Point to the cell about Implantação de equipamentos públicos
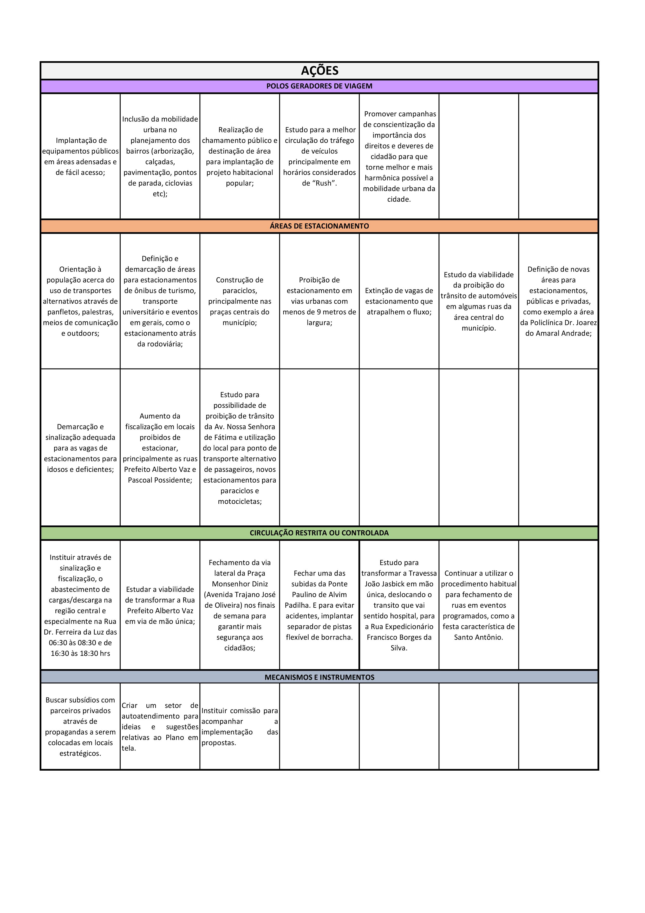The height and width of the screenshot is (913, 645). [x=81, y=156]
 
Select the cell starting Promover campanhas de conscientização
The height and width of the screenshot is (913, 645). [x=399, y=156]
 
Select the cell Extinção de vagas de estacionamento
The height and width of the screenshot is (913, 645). [x=399, y=301]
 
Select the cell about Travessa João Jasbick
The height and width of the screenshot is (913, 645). [x=399, y=605]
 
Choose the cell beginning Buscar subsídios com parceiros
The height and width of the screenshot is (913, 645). [x=81, y=726]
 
